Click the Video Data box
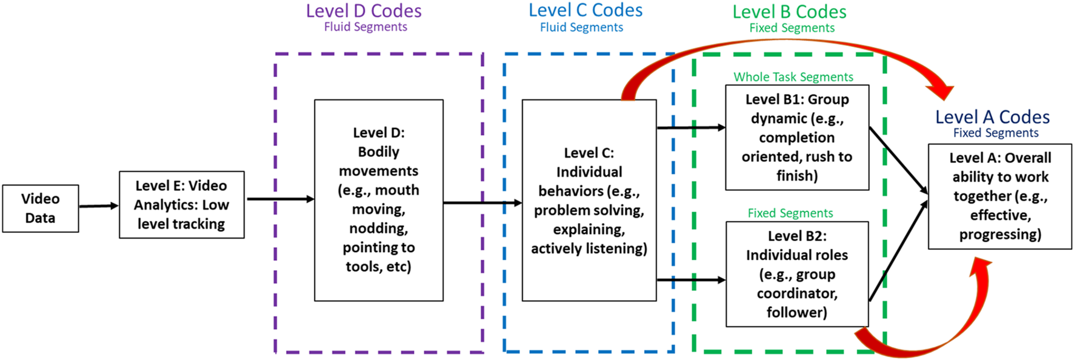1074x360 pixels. (x=40, y=208)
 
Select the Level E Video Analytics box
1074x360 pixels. (x=181, y=205)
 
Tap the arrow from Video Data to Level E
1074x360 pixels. (x=98, y=206)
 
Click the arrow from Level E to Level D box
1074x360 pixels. (x=279, y=199)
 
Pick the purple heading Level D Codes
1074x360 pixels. (x=364, y=11)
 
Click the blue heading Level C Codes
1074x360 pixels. (x=585, y=10)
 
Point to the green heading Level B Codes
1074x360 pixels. (x=789, y=12)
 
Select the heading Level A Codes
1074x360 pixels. (x=992, y=117)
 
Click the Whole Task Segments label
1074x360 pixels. (x=793, y=77)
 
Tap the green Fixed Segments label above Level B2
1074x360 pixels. (x=790, y=213)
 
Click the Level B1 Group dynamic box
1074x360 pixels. (x=796, y=138)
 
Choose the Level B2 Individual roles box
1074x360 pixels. (x=796, y=274)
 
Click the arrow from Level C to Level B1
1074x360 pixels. (x=691, y=128)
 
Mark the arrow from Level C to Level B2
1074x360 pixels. (x=691, y=280)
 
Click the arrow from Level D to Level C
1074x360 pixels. (x=482, y=203)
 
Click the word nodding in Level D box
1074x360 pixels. (x=378, y=228)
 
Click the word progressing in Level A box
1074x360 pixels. (x=999, y=235)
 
